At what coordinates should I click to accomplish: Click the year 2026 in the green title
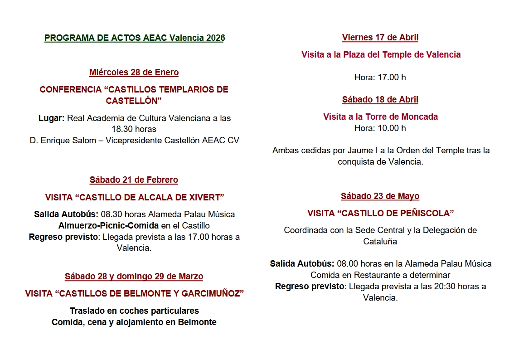click(x=215, y=38)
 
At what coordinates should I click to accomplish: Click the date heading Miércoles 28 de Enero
click(x=134, y=73)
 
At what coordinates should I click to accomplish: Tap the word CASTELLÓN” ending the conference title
click(x=134, y=101)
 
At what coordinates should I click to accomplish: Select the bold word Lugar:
click(x=51, y=118)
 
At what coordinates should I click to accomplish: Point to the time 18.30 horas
click(x=134, y=129)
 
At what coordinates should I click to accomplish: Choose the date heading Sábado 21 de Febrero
click(x=134, y=180)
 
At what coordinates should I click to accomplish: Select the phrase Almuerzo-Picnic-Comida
click(x=108, y=226)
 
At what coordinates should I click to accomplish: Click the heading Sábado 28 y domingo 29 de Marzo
click(x=134, y=277)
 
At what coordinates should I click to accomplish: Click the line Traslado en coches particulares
click(x=134, y=311)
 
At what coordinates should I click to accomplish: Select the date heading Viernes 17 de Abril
click(x=380, y=38)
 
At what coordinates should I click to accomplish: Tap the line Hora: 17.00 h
click(x=380, y=78)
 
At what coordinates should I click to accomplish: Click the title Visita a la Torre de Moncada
click(x=380, y=117)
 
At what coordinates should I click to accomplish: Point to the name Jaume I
click(x=359, y=151)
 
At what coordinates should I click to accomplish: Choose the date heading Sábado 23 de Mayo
click(x=380, y=196)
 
